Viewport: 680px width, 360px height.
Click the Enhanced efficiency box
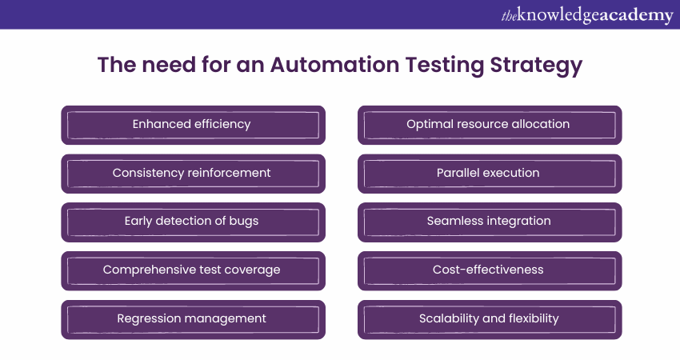pyautogui.click(x=193, y=125)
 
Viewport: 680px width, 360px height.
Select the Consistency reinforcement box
pyautogui.click(x=193, y=174)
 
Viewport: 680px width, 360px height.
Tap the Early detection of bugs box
pyautogui.click(x=193, y=222)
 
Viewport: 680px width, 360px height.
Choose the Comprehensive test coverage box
pyautogui.click(x=193, y=270)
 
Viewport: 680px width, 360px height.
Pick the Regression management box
pyautogui.click(x=193, y=319)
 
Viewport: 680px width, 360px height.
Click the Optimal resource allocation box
pyautogui.click(x=489, y=125)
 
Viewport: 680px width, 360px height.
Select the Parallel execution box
pyautogui.click(x=489, y=174)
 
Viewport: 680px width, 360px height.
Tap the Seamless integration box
pyautogui.click(x=489, y=222)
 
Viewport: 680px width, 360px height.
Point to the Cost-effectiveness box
pyautogui.click(x=489, y=270)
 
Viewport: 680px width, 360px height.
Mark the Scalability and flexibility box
pyautogui.click(x=489, y=319)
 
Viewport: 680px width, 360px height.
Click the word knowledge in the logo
pyautogui.click(x=554, y=14)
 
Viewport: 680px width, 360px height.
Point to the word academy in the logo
pyautogui.click(x=631, y=16)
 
